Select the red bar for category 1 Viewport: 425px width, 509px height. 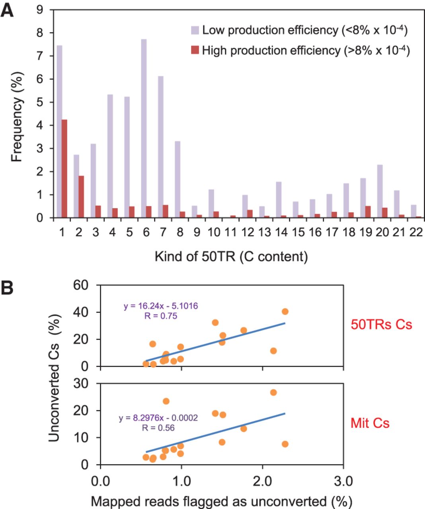click(x=64, y=169)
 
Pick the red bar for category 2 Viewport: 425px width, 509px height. click(x=81, y=197)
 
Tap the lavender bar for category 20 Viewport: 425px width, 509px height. click(x=380, y=191)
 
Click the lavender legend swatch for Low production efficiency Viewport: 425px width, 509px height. click(x=195, y=30)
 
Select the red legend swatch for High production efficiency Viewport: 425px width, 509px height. click(x=195, y=51)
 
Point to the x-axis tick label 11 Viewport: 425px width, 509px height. click(x=231, y=232)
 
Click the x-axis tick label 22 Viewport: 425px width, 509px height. click(x=416, y=232)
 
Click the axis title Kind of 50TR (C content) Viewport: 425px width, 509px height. click(x=231, y=256)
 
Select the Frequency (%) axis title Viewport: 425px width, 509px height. click(x=17, y=117)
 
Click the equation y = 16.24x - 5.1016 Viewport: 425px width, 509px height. click(x=161, y=306)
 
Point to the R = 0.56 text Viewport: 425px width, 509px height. click(x=158, y=428)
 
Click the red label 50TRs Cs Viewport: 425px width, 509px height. click(x=381, y=324)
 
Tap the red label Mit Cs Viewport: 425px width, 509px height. click(x=370, y=423)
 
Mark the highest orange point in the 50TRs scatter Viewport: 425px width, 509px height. click(x=285, y=311)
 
